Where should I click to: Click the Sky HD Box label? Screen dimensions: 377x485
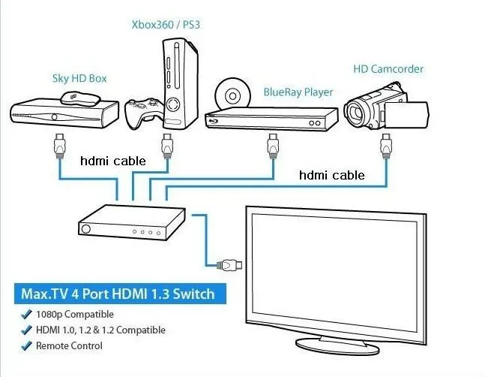(79, 77)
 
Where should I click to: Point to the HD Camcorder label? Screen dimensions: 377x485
(388, 69)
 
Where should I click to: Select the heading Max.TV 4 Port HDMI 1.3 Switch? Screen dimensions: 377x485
(118, 294)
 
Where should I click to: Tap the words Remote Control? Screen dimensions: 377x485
(69, 345)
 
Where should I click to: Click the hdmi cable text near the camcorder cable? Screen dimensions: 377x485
(331, 176)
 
